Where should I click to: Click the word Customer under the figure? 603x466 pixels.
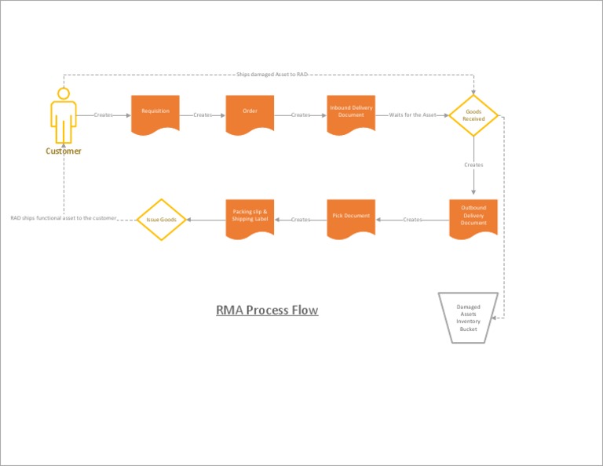coord(63,151)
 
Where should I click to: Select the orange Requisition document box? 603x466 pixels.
coord(155,113)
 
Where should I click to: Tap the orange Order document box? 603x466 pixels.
coord(250,113)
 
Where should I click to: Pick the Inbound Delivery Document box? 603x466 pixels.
coord(351,113)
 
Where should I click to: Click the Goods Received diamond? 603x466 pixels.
coord(473,115)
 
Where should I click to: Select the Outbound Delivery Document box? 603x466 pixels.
coord(473,217)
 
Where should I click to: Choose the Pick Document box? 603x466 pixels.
coord(351,217)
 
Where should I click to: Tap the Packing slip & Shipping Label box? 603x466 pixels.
coord(250,217)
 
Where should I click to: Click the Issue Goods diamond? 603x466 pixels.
coord(161,220)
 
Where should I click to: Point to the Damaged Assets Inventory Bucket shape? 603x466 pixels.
coord(468,318)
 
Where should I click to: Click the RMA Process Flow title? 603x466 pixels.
coord(267,310)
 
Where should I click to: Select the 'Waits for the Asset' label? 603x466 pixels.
coord(412,115)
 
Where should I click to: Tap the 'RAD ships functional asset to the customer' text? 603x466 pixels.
coord(64,218)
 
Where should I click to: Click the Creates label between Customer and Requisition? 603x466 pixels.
coord(103,115)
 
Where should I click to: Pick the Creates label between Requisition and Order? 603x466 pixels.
coord(203,115)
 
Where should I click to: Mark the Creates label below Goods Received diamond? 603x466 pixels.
coord(473,165)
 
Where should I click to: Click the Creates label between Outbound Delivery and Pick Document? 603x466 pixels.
coord(412,220)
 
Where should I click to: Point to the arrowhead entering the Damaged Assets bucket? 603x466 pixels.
coord(494,318)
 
